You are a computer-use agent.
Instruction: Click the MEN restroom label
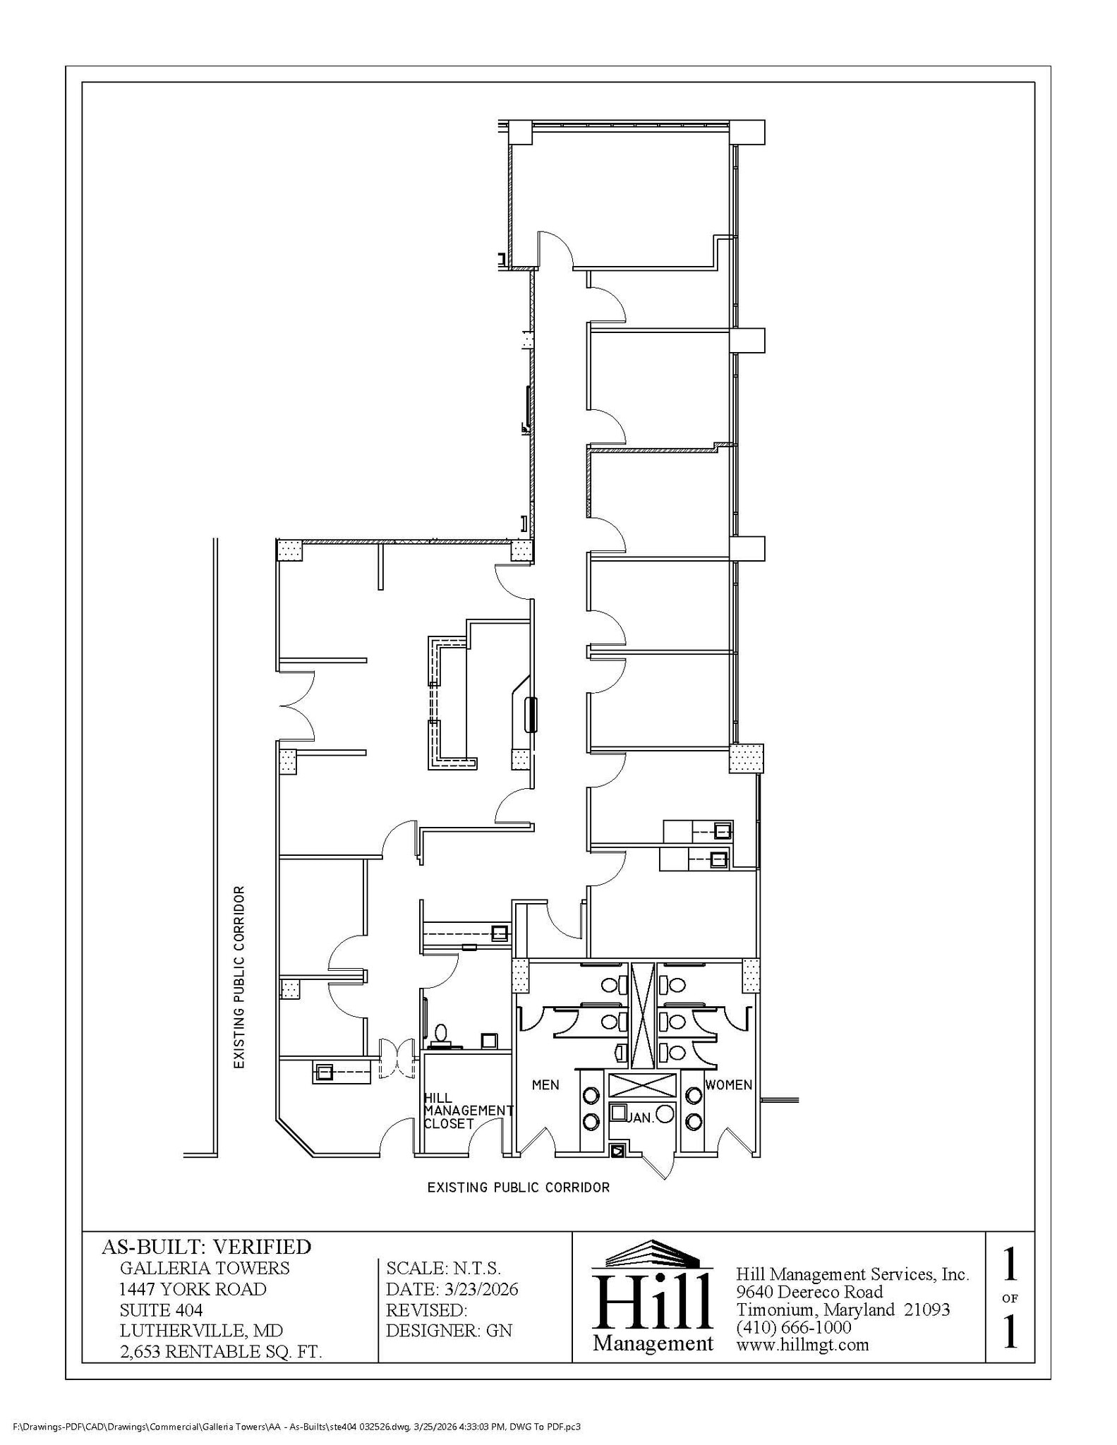pyautogui.click(x=545, y=1084)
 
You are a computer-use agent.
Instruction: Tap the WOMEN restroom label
pyautogui.click(x=728, y=1084)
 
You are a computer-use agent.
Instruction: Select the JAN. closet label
pyautogui.click(x=641, y=1118)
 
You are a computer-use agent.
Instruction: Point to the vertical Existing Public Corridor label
pyautogui.click(x=239, y=977)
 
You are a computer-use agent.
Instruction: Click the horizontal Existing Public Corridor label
pyautogui.click(x=518, y=1187)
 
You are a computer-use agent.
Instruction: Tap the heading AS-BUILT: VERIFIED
pyautogui.click(x=206, y=1247)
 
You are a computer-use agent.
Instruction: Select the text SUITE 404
pyautogui.click(x=161, y=1310)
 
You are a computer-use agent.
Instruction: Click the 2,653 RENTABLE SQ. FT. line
pyautogui.click(x=220, y=1352)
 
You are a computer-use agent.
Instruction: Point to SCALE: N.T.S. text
pyautogui.click(x=443, y=1268)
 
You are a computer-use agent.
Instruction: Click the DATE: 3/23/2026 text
pyautogui.click(x=452, y=1289)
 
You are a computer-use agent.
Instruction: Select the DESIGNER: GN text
pyautogui.click(x=449, y=1331)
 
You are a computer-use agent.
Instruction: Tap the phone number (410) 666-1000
pyautogui.click(x=794, y=1326)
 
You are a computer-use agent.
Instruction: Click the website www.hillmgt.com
pyautogui.click(x=802, y=1344)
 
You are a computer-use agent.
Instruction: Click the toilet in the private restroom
pyautogui.click(x=442, y=1034)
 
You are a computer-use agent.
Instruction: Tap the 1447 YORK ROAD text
pyautogui.click(x=193, y=1289)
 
